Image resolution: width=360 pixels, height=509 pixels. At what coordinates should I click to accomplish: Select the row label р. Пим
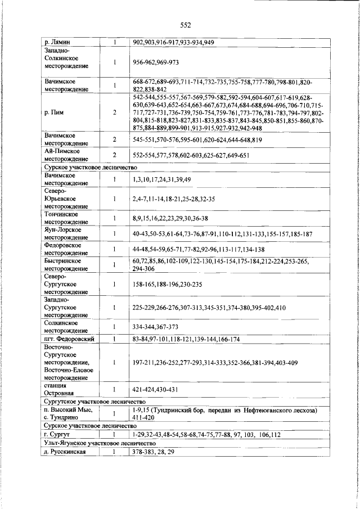54,112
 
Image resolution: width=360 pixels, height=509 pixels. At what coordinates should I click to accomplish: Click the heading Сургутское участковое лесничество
94,402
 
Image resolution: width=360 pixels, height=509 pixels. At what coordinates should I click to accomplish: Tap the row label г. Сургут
60,435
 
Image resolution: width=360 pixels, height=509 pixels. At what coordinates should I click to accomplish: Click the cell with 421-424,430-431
155,389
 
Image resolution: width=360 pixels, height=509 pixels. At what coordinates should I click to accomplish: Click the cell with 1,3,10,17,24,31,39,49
162,179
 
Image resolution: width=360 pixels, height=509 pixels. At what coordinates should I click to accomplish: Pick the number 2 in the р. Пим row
114,112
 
